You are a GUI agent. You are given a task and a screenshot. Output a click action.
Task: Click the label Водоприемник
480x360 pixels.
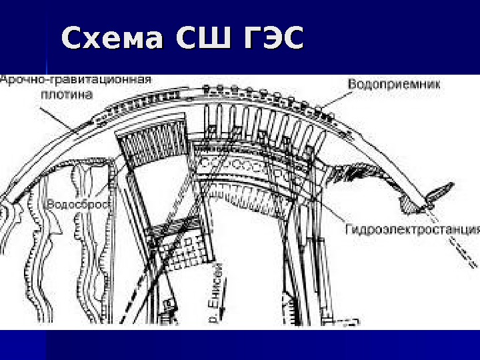(x=385, y=84)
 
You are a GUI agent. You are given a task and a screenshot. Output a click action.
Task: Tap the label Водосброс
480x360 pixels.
(x=79, y=203)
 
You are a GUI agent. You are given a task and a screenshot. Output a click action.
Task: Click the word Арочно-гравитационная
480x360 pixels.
(x=76, y=79)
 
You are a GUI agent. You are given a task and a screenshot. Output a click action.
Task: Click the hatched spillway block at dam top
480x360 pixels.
(x=151, y=143)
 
